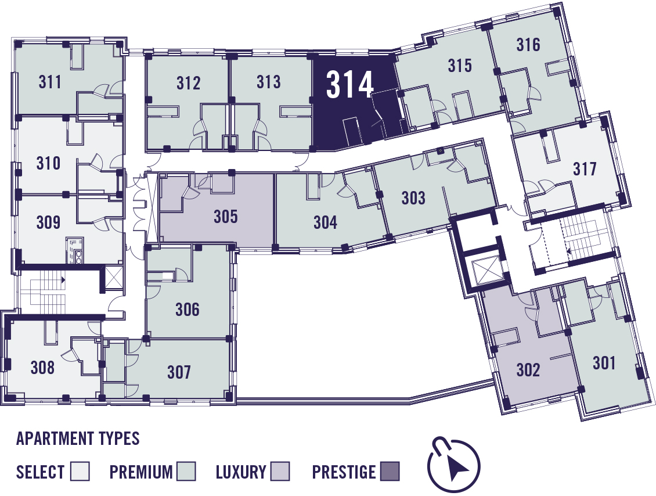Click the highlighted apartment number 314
349,84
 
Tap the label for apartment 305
225,217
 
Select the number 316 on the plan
528,44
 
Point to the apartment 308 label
43,368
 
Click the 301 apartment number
604,363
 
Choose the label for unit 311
50,82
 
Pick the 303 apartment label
413,198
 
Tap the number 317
585,168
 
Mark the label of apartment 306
188,310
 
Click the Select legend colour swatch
80,471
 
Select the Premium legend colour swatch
186,471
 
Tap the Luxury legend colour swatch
280,471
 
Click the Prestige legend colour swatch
390,471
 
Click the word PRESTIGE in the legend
344,472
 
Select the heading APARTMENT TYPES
78,439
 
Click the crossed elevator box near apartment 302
485,269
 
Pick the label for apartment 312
188,83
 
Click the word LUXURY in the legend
241,472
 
